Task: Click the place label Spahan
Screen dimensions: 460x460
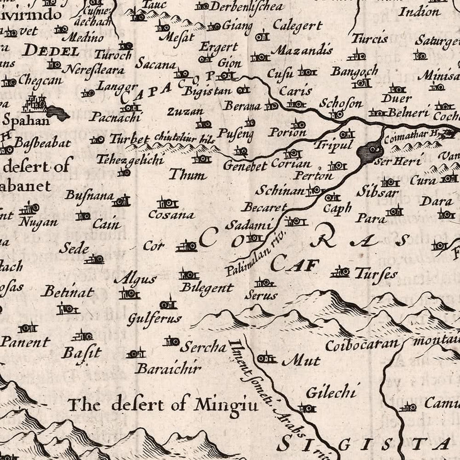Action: (x=26, y=121)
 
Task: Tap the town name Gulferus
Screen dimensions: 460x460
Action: (x=154, y=319)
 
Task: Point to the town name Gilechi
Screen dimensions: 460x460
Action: (x=330, y=393)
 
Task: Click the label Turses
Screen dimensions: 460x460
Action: (x=376, y=274)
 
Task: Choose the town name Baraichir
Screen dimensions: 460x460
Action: (x=169, y=368)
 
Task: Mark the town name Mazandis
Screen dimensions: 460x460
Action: (x=302, y=50)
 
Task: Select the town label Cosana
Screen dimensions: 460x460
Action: (x=171, y=215)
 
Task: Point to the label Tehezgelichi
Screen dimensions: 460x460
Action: (x=130, y=159)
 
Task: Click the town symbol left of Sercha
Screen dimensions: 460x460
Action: (x=171, y=341)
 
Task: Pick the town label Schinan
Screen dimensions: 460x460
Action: (x=280, y=191)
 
